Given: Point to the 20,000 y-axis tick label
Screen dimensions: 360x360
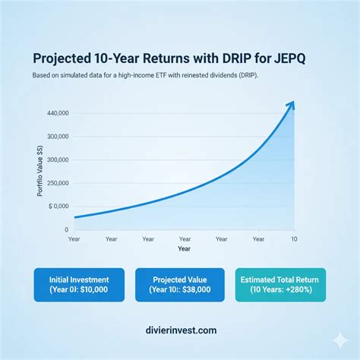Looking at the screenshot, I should pos(57,183).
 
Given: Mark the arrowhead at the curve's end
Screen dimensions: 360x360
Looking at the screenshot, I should pos(291,106).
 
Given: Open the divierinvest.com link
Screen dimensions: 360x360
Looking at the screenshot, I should pos(179,330).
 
